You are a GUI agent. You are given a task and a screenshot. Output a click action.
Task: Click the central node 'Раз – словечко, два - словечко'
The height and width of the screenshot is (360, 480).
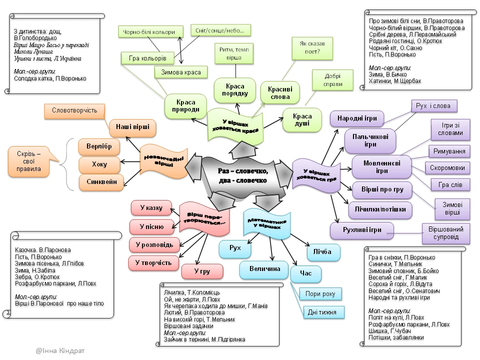[242, 175]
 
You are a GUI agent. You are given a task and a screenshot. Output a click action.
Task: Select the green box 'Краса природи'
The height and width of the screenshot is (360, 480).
[180, 105]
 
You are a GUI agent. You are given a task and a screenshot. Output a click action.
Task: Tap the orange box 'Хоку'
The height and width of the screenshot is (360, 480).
[99, 164]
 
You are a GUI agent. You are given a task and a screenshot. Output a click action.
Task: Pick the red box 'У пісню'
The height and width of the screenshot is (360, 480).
[151, 226]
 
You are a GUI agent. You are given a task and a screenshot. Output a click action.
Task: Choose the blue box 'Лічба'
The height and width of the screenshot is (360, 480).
[322, 252]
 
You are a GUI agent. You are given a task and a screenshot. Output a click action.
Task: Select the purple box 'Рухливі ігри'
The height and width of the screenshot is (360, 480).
[362, 230]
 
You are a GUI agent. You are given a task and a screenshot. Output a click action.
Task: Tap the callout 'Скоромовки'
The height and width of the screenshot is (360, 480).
[447, 168]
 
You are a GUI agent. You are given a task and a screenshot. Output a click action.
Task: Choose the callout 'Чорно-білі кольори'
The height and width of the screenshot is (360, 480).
[149, 32]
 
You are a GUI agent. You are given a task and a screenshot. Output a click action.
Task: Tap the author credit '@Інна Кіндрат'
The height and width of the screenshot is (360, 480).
[60, 351]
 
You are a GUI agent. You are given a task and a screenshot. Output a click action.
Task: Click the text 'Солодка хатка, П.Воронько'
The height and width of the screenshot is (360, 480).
[50, 78]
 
